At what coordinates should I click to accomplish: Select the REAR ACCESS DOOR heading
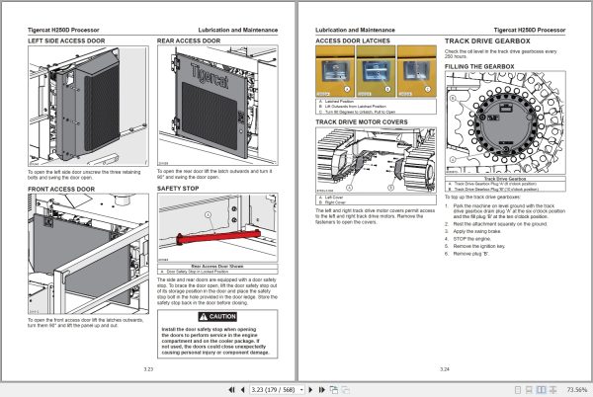click(x=190, y=42)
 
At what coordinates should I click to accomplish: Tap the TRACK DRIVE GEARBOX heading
click(x=490, y=42)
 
